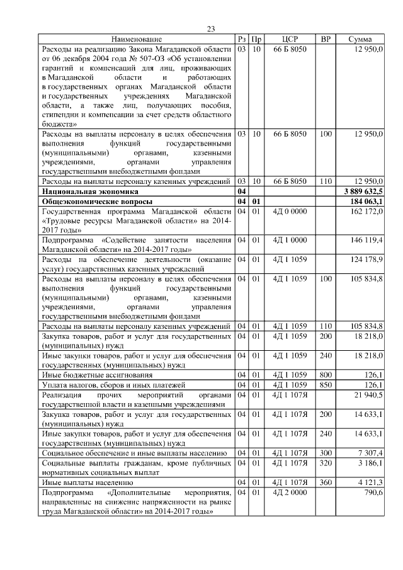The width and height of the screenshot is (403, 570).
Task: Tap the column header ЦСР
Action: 290,40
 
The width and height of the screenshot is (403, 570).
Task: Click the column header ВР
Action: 326,40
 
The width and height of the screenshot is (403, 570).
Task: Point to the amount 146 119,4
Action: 366,240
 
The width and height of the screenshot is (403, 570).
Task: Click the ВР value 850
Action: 326,384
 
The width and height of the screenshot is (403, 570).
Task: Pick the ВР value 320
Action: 326,463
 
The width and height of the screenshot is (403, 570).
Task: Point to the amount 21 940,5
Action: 368,394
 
